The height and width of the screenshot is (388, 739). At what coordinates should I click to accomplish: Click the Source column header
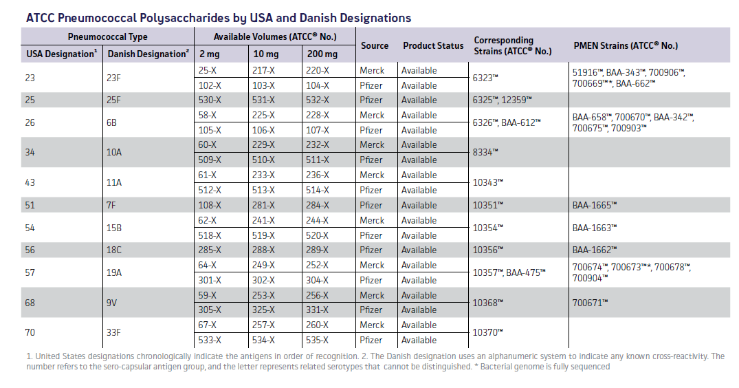click(x=375, y=45)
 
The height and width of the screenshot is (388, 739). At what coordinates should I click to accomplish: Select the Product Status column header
click(x=433, y=45)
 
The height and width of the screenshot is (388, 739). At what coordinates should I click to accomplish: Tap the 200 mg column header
click(x=322, y=54)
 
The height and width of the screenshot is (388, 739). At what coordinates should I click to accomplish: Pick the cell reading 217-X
click(x=263, y=70)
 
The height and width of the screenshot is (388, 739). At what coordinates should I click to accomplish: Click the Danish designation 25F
click(x=114, y=100)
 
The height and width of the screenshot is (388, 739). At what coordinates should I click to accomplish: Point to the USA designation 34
click(x=30, y=152)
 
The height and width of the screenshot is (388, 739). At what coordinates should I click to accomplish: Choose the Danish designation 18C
click(x=114, y=250)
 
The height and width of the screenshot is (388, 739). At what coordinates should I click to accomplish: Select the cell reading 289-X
click(x=318, y=250)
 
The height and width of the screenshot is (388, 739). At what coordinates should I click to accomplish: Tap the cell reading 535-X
click(x=318, y=340)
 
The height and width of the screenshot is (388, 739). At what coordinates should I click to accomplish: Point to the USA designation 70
click(x=30, y=332)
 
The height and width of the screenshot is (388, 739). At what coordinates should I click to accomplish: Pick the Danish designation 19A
click(x=114, y=272)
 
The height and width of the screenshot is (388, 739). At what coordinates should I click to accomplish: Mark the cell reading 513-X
click(x=263, y=190)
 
